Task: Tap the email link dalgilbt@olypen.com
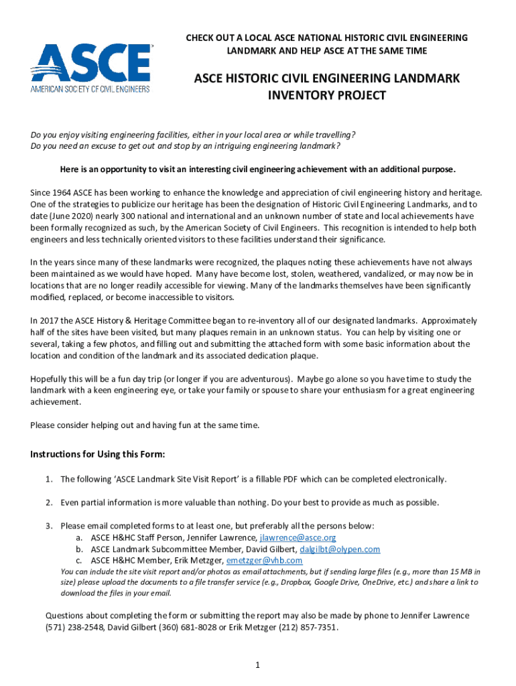(x=340, y=549)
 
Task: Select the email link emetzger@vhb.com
(x=264, y=560)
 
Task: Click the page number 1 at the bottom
(x=257, y=665)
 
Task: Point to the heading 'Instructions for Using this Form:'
(x=98, y=454)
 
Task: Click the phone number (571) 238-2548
(x=72, y=627)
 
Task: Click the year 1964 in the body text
(x=63, y=192)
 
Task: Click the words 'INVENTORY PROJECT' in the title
(x=327, y=95)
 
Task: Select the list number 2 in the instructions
(x=49, y=502)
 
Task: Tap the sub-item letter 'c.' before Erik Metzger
(x=79, y=560)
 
